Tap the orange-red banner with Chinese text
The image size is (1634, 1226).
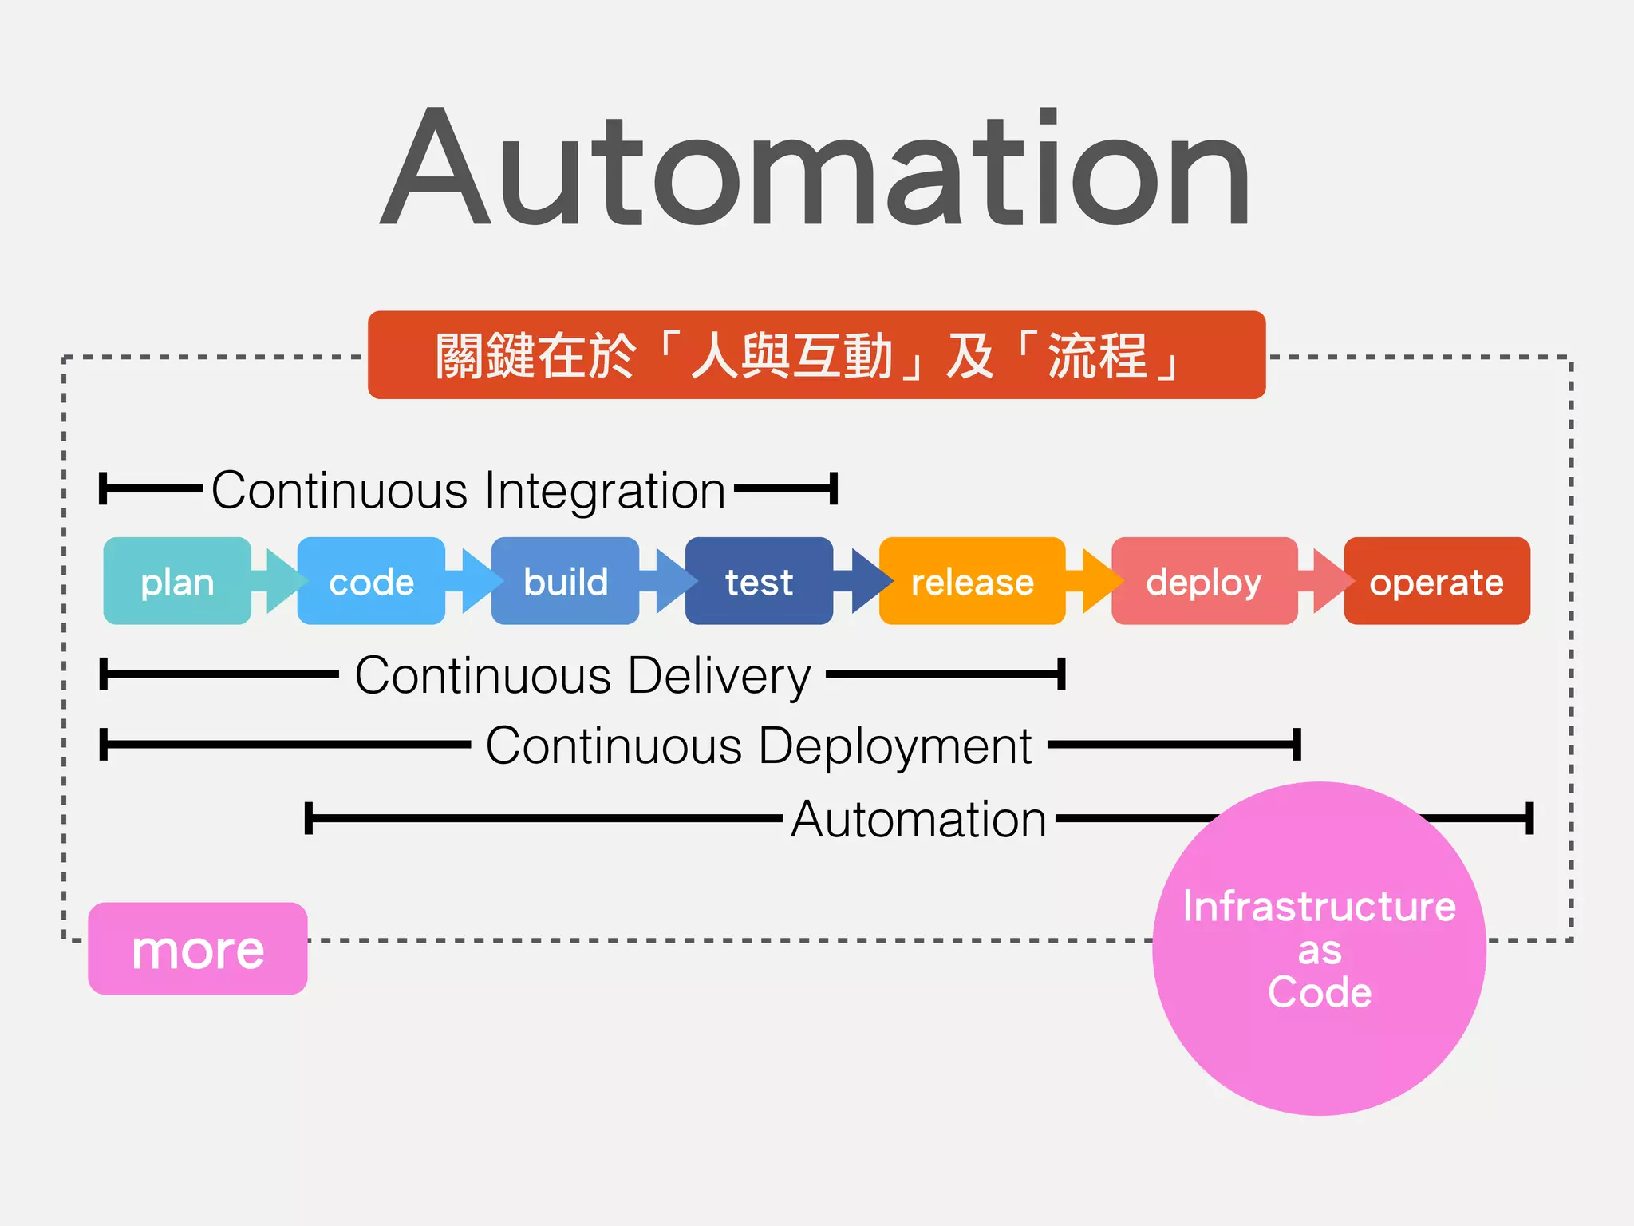click(816, 355)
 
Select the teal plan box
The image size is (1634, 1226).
click(177, 581)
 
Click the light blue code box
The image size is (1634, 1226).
click(371, 581)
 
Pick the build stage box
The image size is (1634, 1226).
click(565, 581)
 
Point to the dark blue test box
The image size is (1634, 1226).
click(759, 581)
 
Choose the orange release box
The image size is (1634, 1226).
click(972, 581)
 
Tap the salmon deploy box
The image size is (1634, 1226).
click(1203, 581)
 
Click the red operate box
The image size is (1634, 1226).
click(1436, 581)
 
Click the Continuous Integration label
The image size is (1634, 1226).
click(468, 489)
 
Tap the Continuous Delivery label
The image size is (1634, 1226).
click(582, 675)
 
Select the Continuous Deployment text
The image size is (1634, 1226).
click(759, 745)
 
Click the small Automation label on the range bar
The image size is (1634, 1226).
click(918, 819)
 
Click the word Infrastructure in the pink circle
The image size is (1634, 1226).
click(1319, 907)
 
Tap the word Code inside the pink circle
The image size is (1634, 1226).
click(1320, 992)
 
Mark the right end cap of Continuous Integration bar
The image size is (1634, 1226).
click(833, 488)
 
